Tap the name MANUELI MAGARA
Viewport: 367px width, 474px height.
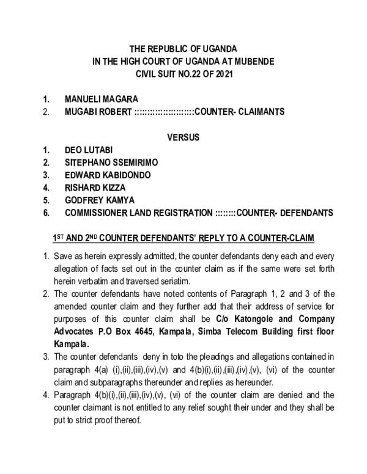point(101,99)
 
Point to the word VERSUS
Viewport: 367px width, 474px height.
point(183,137)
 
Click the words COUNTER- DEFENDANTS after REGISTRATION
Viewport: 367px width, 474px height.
point(284,213)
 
